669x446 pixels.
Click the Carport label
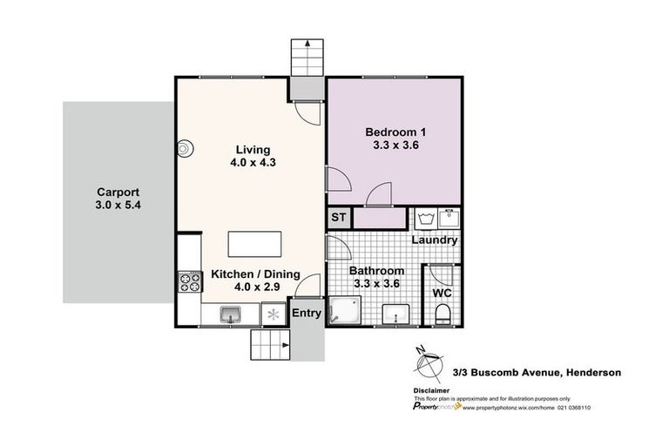pyautogui.click(x=118, y=193)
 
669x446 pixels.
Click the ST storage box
pyautogui.click(x=337, y=218)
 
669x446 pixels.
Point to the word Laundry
pyautogui.click(x=434, y=240)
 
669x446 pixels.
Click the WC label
pyautogui.click(x=443, y=293)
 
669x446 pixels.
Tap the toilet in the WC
pyautogui.click(x=443, y=314)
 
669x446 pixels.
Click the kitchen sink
pyautogui.click(x=232, y=314)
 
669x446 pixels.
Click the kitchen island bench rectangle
pyautogui.click(x=254, y=243)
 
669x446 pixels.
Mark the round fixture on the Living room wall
pyautogui.click(x=184, y=149)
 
